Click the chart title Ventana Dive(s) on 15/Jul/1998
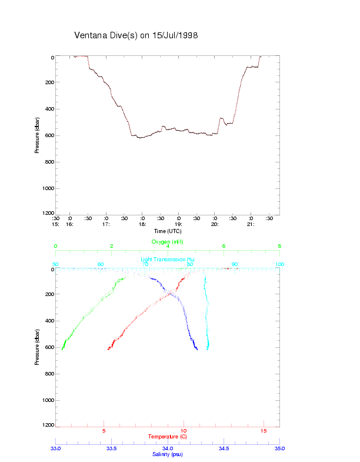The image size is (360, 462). pyautogui.click(x=136, y=35)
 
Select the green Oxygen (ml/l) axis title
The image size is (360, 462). pyautogui.click(x=168, y=242)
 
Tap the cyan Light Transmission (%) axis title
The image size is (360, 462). pyautogui.click(x=168, y=260)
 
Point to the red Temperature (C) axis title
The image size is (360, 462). pyautogui.click(x=168, y=437)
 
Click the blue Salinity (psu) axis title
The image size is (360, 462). pyautogui.click(x=168, y=454)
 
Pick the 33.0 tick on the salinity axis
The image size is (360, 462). pyautogui.click(x=56, y=448)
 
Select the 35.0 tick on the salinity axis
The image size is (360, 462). pyautogui.click(x=279, y=448)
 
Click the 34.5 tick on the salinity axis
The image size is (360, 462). pyautogui.click(x=224, y=448)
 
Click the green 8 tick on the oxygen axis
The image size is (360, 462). pyautogui.click(x=279, y=246)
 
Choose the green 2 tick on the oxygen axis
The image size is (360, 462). pyautogui.click(x=112, y=246)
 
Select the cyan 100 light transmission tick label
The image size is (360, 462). pyautogui.click(x=279, y=264)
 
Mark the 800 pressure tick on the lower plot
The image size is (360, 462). pyautogui.click(x=49, y=374)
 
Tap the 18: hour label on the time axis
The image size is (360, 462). pyautogui.click(x=142, y=224)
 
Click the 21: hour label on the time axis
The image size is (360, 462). pyautogui.click(x=250, y=224)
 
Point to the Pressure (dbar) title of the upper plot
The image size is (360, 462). pyautogui.click(x=37, y=135)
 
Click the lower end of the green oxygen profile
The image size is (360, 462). pyautogui.click(x=62, y=350)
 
